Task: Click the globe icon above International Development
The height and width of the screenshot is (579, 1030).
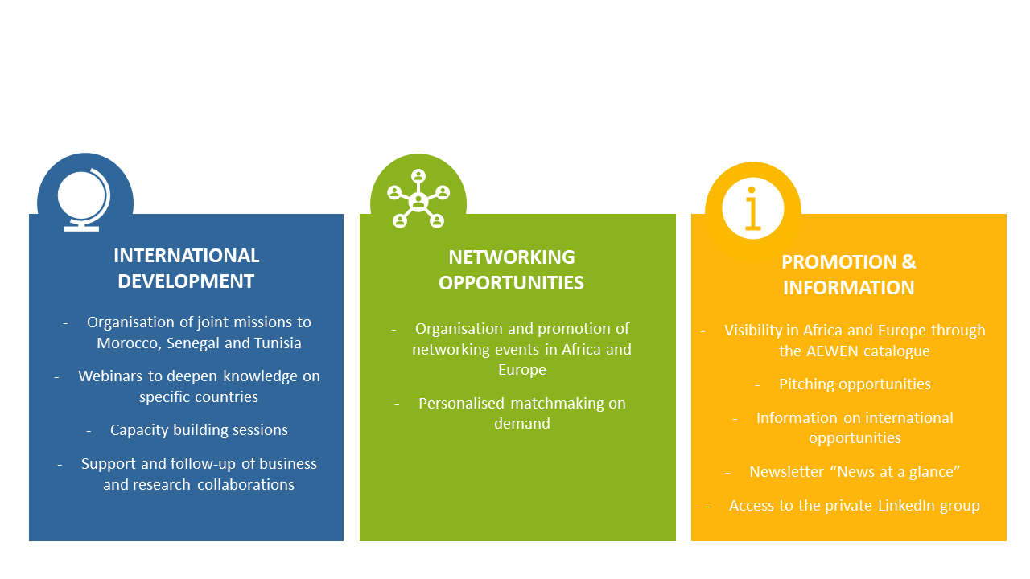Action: (x=84, y=199)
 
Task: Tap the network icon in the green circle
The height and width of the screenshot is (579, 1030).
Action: (x=418, y=199)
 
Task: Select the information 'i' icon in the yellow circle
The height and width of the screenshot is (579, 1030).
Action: (x=752, y=208)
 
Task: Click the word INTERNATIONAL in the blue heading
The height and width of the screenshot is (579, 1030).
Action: (x=186, y=256)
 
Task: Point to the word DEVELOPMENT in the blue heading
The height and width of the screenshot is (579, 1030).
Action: (x=186, y=281)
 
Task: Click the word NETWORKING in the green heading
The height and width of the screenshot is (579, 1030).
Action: (x=512, y=257)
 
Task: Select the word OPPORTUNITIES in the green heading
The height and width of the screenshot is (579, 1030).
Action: (x=511, y=282)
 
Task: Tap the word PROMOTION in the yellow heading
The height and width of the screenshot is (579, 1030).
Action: (x=839, y=262)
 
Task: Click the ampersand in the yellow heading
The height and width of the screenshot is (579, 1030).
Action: (x=908, y=262)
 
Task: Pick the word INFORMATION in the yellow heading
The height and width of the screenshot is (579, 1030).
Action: (x=849, y=288)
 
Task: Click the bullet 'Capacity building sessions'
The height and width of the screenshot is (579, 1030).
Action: (x=199, y=430)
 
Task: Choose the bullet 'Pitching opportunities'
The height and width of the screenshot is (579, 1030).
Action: (x=855, y=384)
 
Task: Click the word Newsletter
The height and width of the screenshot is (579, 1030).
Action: (x=787, y=471)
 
